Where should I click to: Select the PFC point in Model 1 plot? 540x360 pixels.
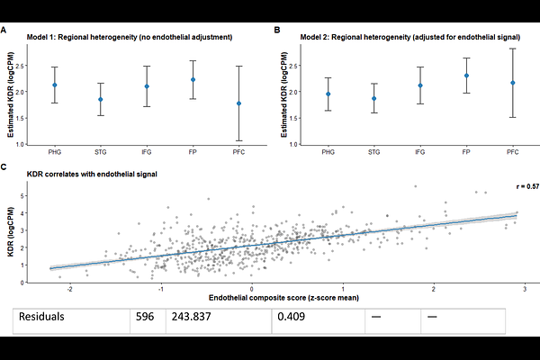(x=238, y=103)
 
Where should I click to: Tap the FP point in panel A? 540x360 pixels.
(x=192, y=79)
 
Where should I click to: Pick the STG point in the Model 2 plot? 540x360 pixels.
(x=347, y=99)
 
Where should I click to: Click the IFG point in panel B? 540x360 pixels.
(x=394, y=85)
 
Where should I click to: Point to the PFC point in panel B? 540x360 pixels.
(x=487, y=83)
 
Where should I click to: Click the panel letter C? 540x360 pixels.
(x=5, y=167)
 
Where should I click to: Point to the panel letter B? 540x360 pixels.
(x=276, y=30)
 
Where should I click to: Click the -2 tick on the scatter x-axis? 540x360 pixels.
(x=70, y=287)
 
